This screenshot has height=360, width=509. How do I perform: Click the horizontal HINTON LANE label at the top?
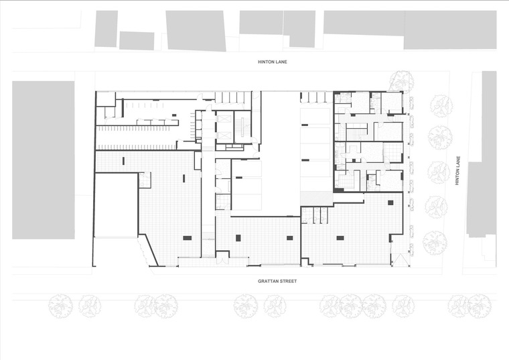click(273, 62)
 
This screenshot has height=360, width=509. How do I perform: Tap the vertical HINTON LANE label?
click(457, 171)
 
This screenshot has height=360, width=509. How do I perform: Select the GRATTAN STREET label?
click(277, 281)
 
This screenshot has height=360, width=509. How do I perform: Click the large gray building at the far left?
click(43, 160)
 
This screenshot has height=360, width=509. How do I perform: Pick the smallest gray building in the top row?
click(137, 41)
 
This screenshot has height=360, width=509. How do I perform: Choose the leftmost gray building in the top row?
click(106, 29)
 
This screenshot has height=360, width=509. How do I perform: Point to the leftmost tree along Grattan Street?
click(61, 306)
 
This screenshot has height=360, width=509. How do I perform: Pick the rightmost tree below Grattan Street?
click(479, 306)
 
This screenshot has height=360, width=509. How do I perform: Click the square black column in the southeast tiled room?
click(390, 202)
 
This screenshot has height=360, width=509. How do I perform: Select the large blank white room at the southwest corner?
click(116, 205)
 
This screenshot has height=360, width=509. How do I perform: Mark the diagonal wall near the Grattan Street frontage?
click(151, 250)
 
